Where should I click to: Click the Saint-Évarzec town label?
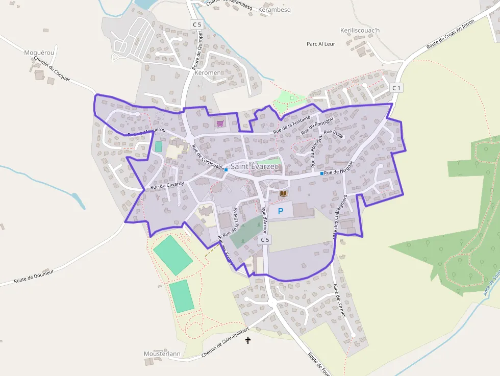click(255, 166)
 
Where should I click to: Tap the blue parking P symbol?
click(280, 211)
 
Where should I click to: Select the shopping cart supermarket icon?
click(220, 123)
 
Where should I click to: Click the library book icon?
click(284, 193)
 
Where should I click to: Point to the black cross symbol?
click(248, 340)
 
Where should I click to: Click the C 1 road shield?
click(396, 88)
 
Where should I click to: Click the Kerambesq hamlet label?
click(274, 10)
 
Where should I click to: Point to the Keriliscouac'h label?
click(360, 30)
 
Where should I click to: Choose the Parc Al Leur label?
click(321, 44)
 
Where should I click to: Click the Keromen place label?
click(208, 72)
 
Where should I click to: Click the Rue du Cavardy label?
click(167, 186)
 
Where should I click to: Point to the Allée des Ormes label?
click(339, 300)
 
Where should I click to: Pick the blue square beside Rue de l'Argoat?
click(322, 173)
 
